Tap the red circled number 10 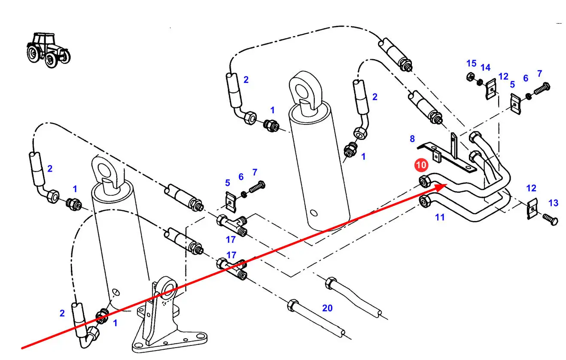[421, 165]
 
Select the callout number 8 [412, 139]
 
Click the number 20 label [327, 308]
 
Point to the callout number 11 [440, 217]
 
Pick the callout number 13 [554, 203]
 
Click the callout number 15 [472, 64]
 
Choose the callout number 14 [485, 67]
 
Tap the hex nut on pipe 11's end [426, 200]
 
